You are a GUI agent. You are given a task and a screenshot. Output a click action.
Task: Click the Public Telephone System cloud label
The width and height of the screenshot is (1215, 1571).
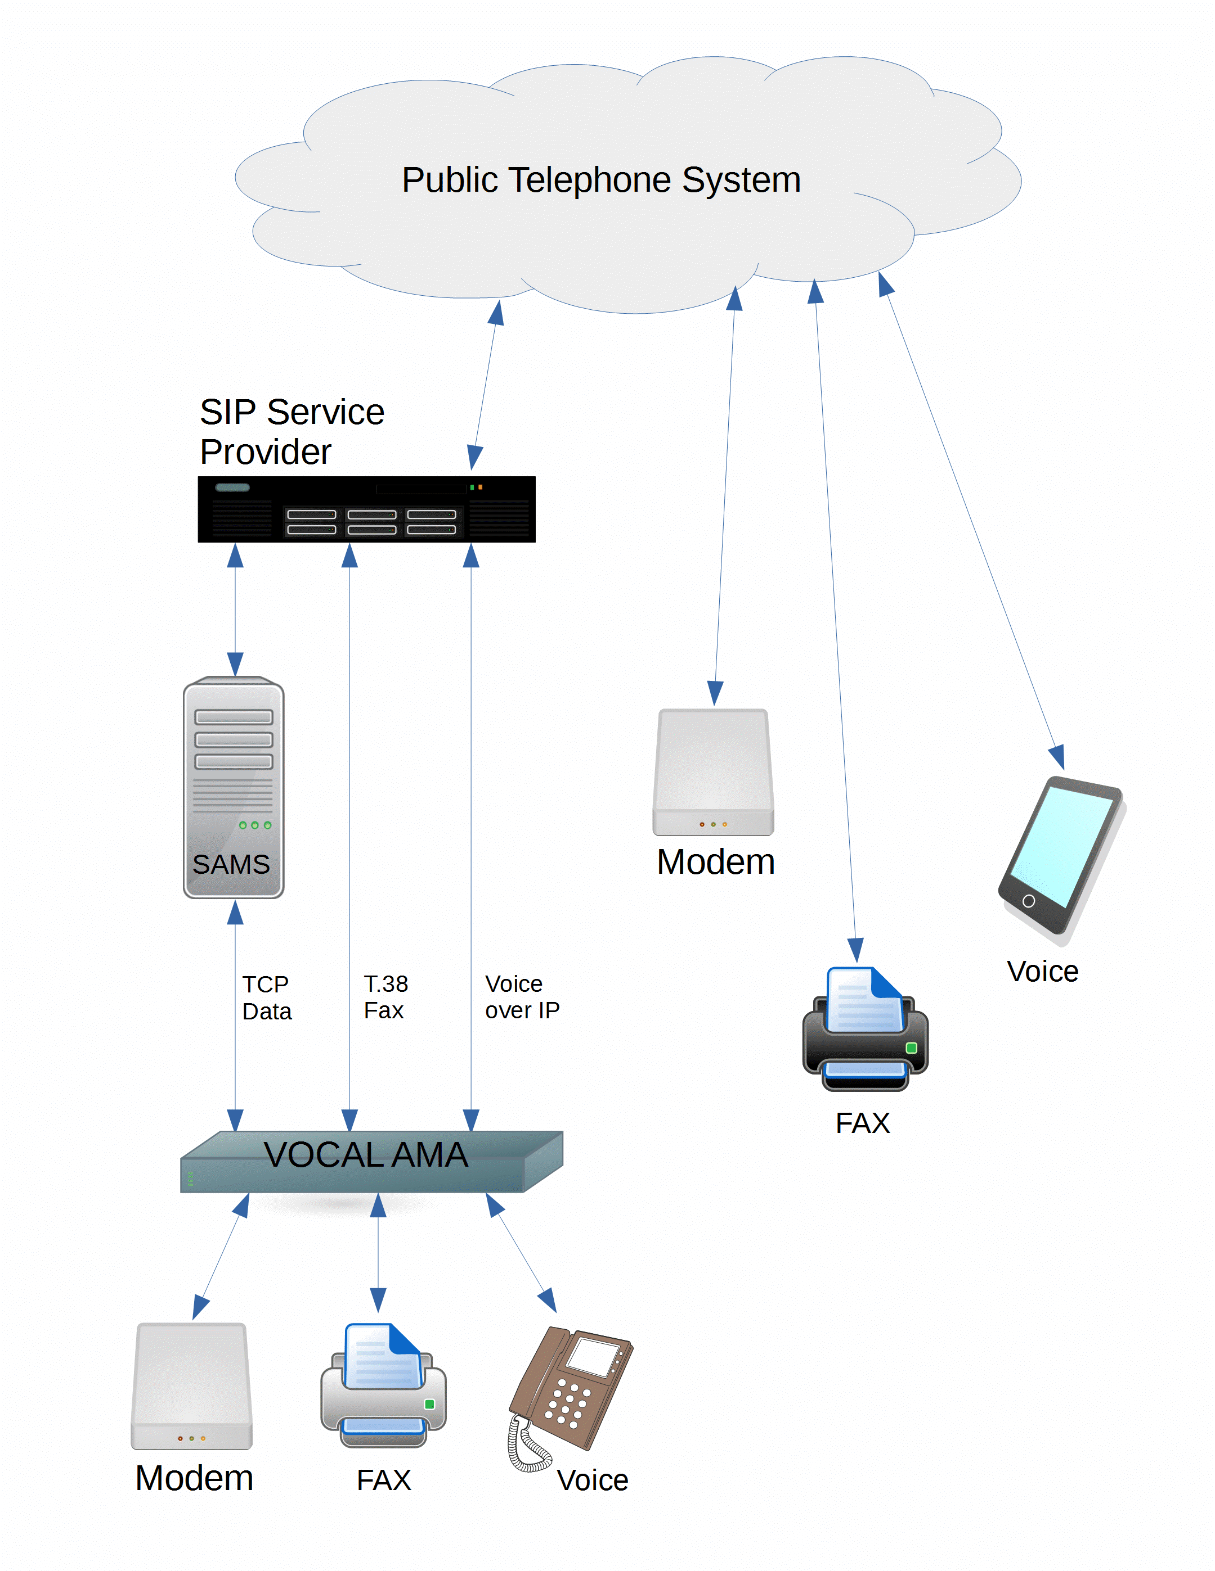[x=601, y=180]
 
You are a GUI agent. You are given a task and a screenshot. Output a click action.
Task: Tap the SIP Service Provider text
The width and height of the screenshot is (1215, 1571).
[x=292, y=432]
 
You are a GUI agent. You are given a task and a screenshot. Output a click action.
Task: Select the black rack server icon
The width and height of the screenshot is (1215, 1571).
[x=366, y=509]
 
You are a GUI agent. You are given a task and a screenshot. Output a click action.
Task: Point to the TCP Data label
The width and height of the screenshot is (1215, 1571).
[x=266, y=997]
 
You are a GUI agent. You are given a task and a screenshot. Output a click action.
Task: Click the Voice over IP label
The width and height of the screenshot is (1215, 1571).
[x=521, y=997]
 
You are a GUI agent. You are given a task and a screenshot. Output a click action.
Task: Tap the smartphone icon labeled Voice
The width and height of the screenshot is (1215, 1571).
[x=1060, y=856]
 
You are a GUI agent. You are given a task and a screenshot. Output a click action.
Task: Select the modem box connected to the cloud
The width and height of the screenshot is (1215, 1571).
[x=714, y=772]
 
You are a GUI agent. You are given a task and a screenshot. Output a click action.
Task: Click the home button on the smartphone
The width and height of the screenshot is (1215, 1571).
[x=1029, y=901]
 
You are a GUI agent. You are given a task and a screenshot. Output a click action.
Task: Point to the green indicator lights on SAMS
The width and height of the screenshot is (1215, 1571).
[x=255, y=825]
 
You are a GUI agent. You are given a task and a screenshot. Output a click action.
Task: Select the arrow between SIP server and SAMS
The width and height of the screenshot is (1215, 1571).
[x=235, y=610]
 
